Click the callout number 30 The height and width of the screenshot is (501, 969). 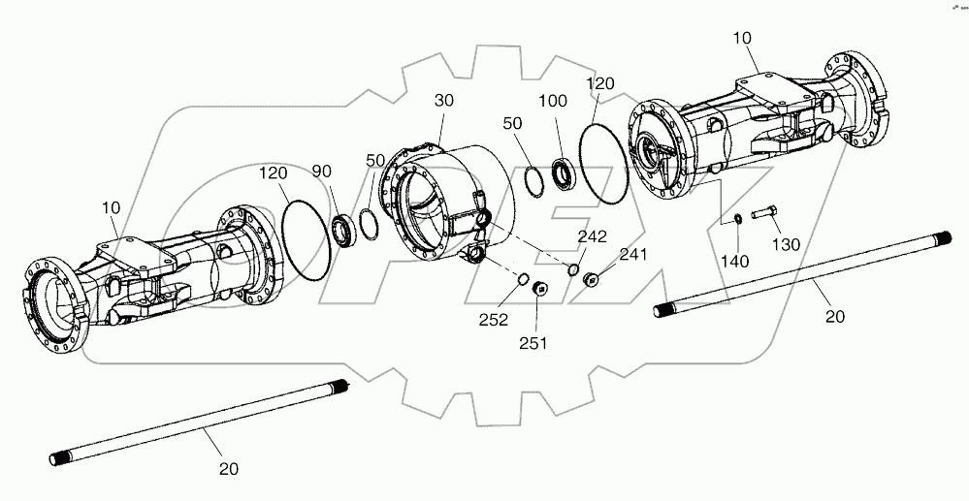(444, 102)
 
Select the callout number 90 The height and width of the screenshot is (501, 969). (322, 172)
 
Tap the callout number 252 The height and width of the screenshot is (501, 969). (493, 321)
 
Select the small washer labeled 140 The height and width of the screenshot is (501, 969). (736, 218)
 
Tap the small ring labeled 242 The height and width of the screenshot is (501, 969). (573, 268)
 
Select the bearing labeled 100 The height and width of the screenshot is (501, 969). (562, 175)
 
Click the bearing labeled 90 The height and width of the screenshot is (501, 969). (340, 229)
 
